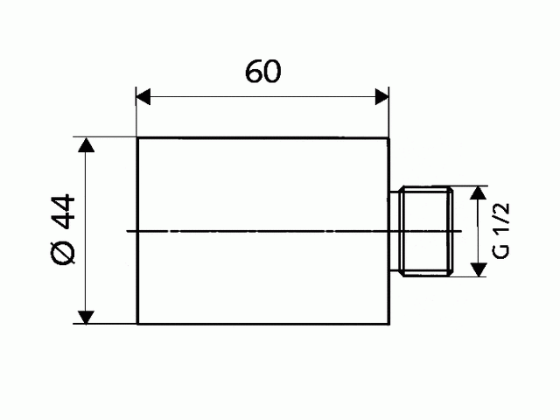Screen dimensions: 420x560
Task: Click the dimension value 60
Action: (262, 73)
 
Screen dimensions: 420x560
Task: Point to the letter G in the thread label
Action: (500, 250)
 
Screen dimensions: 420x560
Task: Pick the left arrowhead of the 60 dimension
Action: (143, 96)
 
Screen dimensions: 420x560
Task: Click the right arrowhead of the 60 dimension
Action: (381, 96)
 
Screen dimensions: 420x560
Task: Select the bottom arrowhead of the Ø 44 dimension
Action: (86, 317)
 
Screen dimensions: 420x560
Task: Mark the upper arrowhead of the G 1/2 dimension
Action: (478, 193)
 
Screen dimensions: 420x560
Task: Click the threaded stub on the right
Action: (423, 231)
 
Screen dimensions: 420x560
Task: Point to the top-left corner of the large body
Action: (137, 138)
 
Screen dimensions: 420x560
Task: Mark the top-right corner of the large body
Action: (388, 138)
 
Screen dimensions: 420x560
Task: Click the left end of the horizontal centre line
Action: (128, 231)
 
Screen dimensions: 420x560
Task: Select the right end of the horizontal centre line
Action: (461, 231)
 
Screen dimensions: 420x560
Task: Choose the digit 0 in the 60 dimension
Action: (272, 73)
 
